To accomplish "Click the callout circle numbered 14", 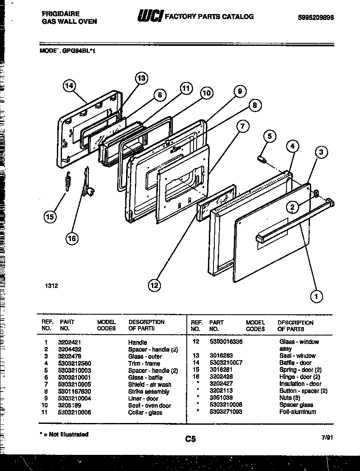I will tap(68, 86).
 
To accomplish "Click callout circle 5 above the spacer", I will tap(269, 136).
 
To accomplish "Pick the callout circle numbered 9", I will tap(239, 90).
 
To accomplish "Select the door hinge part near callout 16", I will tap(88, 183).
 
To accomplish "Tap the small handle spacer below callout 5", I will tap(262, 159).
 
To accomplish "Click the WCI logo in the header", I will tap(149, 17).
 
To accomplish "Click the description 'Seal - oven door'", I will tap(149, 406).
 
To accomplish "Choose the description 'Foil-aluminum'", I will tap(298, 412).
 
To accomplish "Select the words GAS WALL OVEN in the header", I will tap(69, 21).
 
